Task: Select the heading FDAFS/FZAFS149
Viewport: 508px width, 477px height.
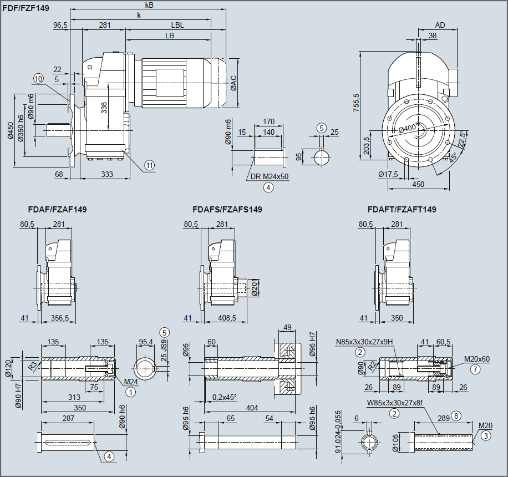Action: click(227, 210)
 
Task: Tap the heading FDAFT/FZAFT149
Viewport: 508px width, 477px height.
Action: click(402, 210)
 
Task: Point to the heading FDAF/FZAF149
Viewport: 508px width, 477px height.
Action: click(57, 210)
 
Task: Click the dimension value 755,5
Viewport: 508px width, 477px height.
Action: click(356, 103)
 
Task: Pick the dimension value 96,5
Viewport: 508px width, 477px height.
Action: click(60, 26)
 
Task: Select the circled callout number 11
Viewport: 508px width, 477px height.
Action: click(149, 165)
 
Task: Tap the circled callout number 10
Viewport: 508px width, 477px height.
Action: click(38, 79)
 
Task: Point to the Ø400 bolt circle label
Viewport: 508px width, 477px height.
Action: click(408, 129)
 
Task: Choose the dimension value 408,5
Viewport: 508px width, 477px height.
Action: click(226, 318)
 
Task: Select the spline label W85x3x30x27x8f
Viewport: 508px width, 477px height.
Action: click(394, 403)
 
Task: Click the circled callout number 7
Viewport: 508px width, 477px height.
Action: click(475, 368)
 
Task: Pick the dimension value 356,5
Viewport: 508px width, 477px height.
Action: click(59, 318)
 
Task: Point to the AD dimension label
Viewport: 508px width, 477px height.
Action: click(440, 26)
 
